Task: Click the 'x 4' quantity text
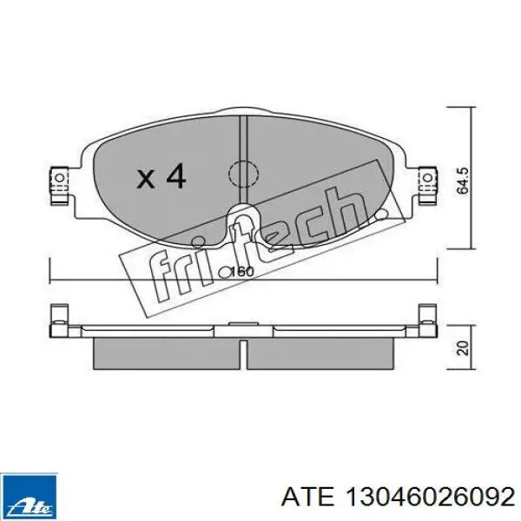point(162,178)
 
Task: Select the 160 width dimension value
point(242,272)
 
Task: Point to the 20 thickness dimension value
point(463,347)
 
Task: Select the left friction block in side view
point(166,351)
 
